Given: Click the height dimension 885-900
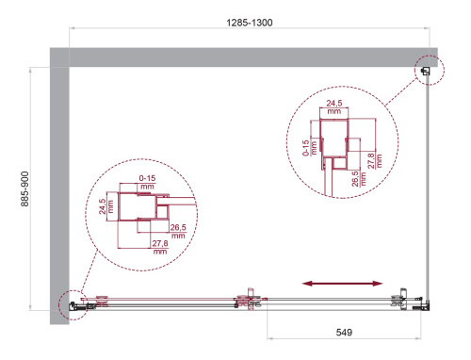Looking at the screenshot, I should coord(13,188).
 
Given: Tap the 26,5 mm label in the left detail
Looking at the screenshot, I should coord(176,231).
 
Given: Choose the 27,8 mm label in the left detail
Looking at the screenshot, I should coord(159,248).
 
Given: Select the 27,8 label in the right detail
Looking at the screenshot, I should coord(378,149).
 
